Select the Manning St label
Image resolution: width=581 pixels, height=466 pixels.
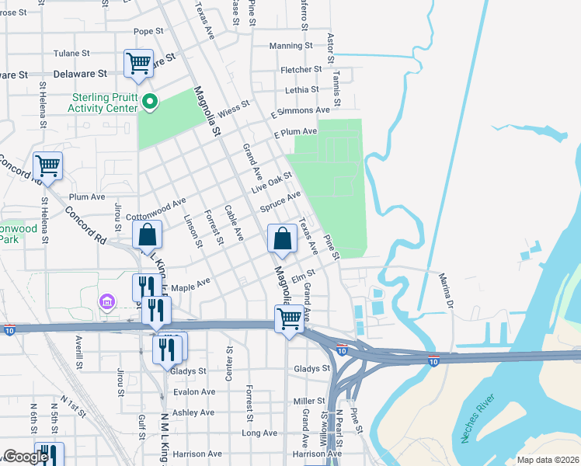click(x=290, y=46)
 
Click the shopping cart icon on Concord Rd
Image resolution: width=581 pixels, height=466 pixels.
click(x=48, y=165)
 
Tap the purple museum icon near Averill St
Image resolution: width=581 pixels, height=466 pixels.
click(x=106, y=301)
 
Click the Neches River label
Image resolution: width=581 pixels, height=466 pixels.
click(x=477, y=422)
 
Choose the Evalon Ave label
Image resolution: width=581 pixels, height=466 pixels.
click(x=194, y=391)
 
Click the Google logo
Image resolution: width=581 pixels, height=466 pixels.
click(x=26, y=457)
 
